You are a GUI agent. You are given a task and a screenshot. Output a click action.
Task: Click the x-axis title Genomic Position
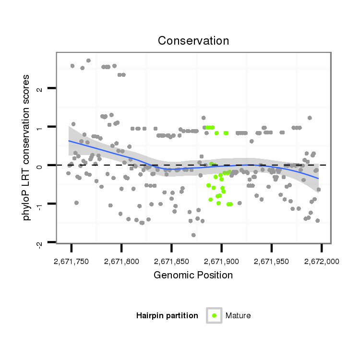coord(193,276)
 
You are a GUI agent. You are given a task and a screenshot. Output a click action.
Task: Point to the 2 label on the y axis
coord(41,89)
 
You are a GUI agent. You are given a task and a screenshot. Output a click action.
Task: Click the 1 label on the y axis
coord(41,128)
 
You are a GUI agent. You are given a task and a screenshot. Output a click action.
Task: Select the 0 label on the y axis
coord(41,166)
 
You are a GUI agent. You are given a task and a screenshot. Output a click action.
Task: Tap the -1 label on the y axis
coord(41,205)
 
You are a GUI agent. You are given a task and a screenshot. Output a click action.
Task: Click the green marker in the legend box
coord(214,315)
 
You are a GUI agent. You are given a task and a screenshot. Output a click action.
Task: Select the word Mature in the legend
coord(238,315)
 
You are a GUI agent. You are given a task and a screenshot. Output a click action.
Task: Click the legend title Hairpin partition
coord(167,315)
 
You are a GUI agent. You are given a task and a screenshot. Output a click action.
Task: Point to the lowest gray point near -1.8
coord(193,235)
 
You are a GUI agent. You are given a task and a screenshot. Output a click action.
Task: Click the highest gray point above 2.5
coord(88,60)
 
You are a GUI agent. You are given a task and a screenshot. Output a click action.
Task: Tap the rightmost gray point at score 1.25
coord(310,118)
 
